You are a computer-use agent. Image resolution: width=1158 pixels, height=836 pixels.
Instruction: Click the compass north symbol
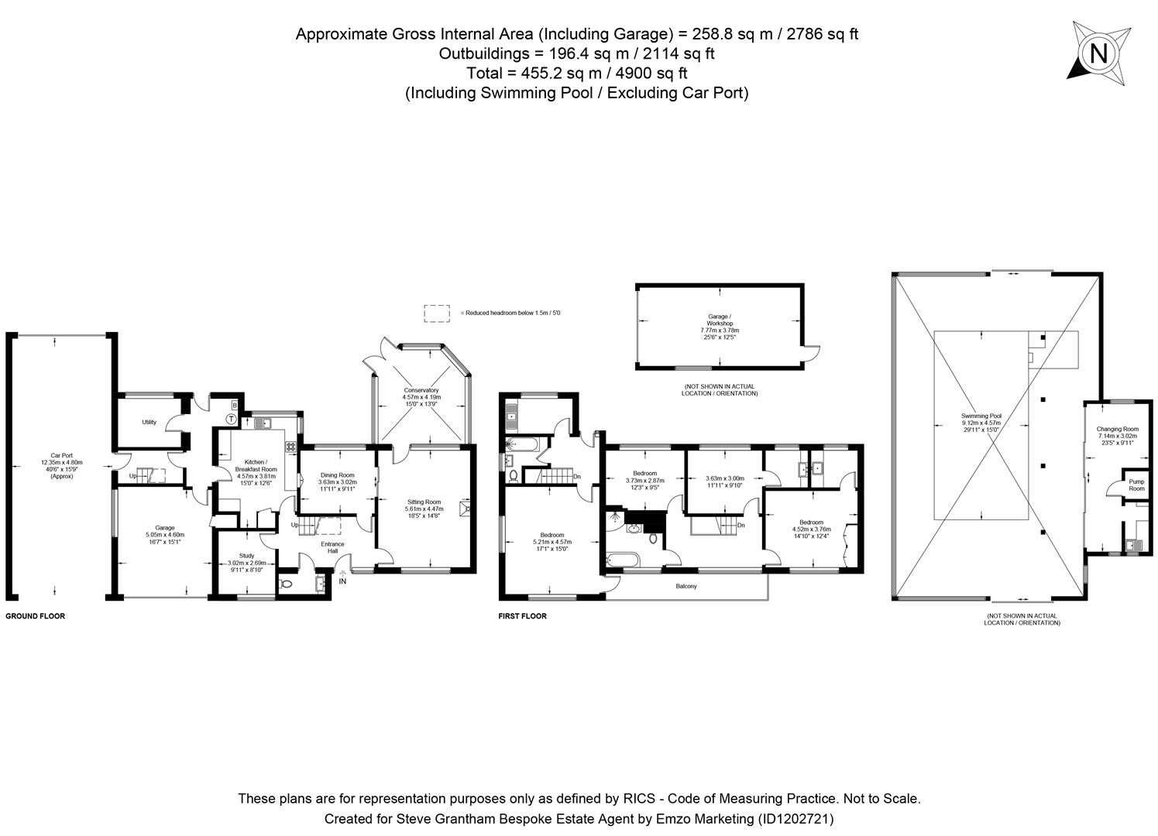[1098, 53]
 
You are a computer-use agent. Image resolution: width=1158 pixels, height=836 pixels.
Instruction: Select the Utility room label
[149, 422]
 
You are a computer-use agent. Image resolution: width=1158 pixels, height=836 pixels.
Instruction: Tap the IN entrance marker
[342, 581]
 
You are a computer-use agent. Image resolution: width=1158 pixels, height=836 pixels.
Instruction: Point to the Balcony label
[686, 586]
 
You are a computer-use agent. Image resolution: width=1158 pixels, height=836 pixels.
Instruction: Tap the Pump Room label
[1136, 485]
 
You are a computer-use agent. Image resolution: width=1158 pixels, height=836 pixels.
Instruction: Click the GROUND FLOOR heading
[36, 616]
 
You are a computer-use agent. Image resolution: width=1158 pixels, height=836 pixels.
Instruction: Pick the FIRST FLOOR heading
[522, 616]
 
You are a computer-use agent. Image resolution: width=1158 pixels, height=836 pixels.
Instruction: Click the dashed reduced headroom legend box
[437, 313]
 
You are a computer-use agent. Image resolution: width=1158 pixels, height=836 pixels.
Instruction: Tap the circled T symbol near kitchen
[231, 419]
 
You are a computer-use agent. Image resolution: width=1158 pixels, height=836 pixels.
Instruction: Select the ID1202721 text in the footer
[795, 818]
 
